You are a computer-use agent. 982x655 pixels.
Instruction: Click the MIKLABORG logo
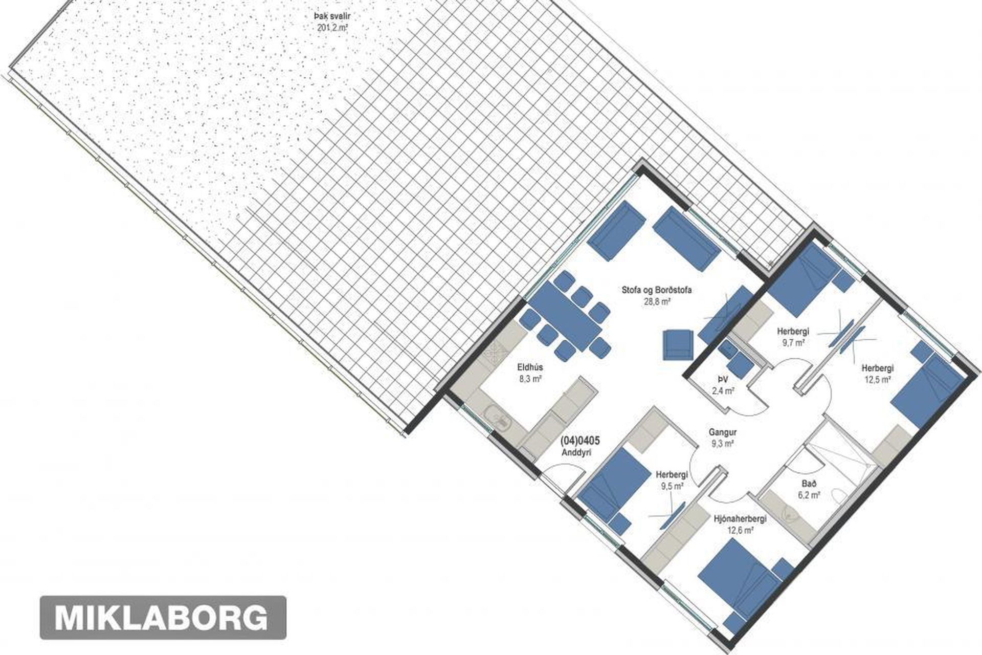163,617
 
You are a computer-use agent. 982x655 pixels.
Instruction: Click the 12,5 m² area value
877,379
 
